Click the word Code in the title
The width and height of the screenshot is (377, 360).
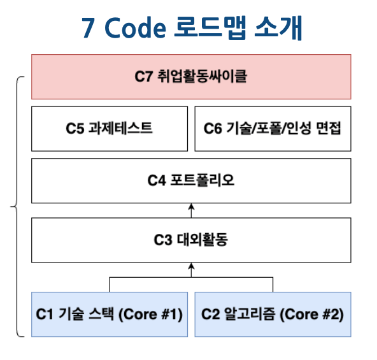click(x=136, y=27)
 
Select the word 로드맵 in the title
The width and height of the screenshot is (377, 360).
click(x=210, y=27)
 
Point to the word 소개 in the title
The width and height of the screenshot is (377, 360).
click(x=278, y=27)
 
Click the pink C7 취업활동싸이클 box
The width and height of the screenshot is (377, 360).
click(x=191, y=76)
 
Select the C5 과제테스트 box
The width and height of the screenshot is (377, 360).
click(x=110, y=129)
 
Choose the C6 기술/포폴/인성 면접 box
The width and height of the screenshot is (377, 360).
click(x=273, y=129)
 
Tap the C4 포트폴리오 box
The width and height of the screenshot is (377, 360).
click(x=191, y=181)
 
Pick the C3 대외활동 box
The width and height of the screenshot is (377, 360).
click(x=191, y=240)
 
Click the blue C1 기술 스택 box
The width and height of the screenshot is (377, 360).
click(x=110, y=315)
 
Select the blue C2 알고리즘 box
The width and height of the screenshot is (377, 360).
click(x=273, y=315)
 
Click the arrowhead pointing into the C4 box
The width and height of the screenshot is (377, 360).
click(x=191, y=206)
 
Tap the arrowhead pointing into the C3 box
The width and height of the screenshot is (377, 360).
click(x=191, y=266)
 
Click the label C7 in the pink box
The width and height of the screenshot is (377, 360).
click(x=143, y=76)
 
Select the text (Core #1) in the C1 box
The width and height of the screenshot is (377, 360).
click(x=151, y=315)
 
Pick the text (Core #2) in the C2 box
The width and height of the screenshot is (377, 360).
click(x=312, y=315)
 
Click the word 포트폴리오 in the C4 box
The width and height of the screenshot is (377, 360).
click(x=203, y=180)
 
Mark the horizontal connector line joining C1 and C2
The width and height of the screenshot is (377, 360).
click(x=191, y=277)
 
